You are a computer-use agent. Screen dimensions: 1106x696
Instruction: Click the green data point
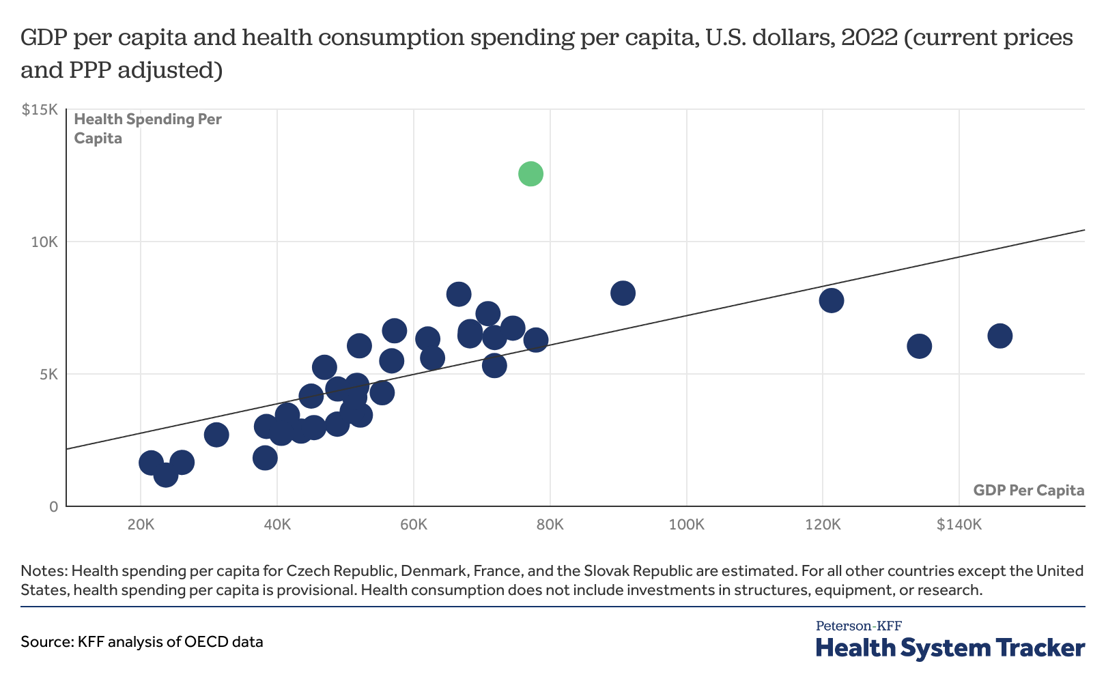pos(530,174)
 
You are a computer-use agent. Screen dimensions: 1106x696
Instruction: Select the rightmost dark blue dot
pos(1000,336)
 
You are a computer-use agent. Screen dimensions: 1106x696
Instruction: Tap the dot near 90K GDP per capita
pos(623,293)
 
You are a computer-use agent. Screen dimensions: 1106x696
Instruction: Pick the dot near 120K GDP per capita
pos(832,301)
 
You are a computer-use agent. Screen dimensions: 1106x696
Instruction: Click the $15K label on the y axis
pos(40,110)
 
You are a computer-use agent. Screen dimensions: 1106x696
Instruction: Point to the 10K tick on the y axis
pos(45,242)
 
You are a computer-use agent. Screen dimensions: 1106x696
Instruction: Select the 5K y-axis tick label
pos(49,374)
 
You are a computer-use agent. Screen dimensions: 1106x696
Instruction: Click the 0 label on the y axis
pos(54,506)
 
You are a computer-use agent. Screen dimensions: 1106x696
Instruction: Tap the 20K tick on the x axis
pos(141,524)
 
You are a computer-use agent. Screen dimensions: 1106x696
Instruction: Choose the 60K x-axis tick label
pos(414,524)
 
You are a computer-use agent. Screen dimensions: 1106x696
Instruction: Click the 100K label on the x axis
pos(686,524)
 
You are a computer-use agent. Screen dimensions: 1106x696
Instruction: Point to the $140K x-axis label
pos(959,524)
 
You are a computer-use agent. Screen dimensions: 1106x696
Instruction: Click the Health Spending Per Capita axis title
pos(147,128)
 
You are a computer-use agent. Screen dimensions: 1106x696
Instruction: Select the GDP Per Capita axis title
pos(1029,490)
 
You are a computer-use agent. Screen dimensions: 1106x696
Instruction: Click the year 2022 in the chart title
pos(869,38)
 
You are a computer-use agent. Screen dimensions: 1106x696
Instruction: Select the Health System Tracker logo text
pos(950,648)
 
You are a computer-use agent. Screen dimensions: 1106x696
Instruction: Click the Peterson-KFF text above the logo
pos(859,626)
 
